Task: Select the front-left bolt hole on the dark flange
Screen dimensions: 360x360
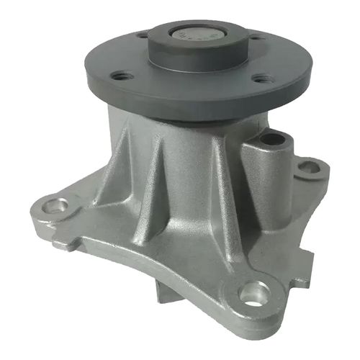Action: pyautogui.click(x=123, y=75)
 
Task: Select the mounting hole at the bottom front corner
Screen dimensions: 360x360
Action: pyautogui.click(x=253, y=292)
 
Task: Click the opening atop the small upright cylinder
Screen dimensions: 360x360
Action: pyautogui.click(x=272, y=137)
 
